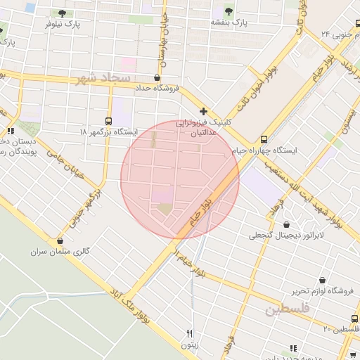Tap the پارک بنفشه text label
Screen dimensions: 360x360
coord(229,22)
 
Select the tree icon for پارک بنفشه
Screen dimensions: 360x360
coord(229,11)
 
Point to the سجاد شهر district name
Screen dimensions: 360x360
coord(105,78)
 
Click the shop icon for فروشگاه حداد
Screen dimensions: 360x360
coord(157,77)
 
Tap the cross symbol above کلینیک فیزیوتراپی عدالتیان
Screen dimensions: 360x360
coord(204,111)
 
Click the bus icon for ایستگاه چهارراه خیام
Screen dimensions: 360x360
coord(264,139)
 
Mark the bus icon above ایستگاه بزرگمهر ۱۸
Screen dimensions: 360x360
coord(108,120)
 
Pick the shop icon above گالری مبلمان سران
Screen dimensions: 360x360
coord(60,240)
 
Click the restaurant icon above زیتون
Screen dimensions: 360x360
coord(189,333)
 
